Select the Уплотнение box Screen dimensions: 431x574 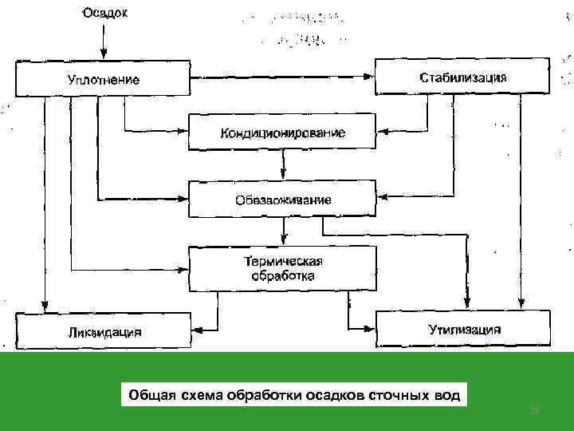coord(102,79)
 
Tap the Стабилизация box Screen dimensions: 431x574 coord(462,77)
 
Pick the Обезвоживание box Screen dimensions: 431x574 coord(282,199)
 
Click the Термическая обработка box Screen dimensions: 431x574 coord(282,269)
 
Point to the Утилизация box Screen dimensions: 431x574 coord(463,328)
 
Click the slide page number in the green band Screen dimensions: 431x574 coord(536,409)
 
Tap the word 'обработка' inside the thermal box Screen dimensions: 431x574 coord(282,277)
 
